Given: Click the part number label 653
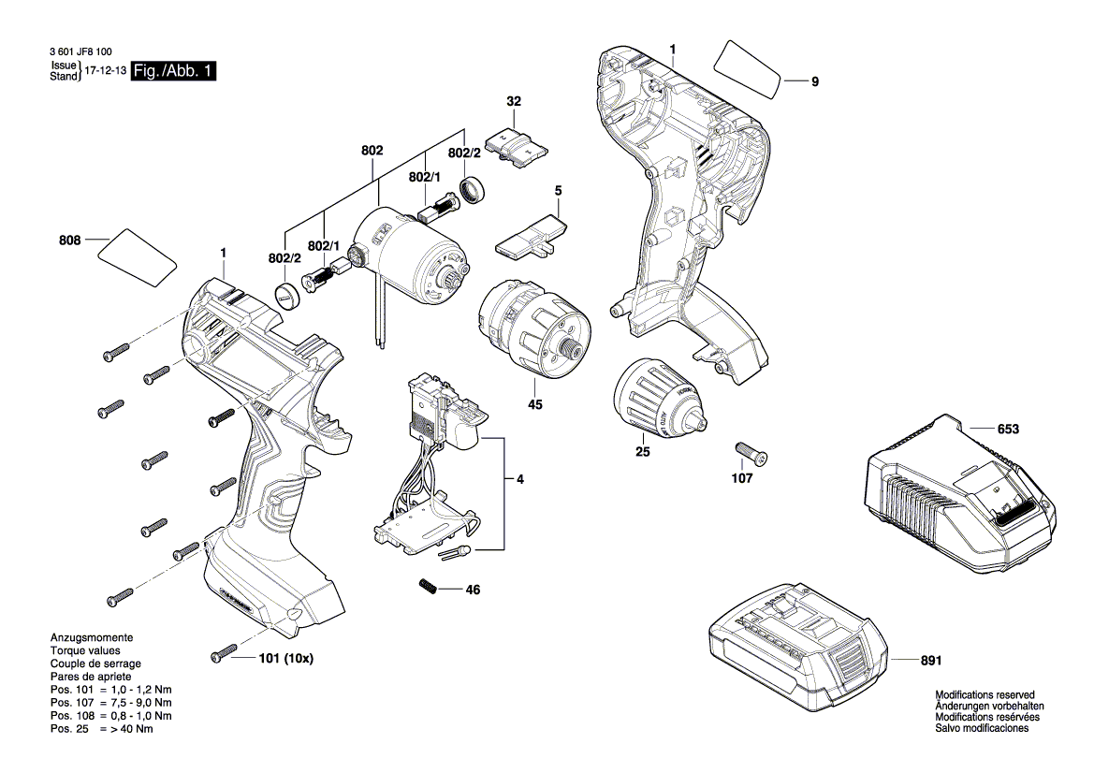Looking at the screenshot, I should (1007, 430).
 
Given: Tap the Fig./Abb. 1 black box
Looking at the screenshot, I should (173, 71).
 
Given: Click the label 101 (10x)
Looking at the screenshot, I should (285, 658).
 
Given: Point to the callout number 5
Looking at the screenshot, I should (558, 191).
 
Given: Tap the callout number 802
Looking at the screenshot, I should (372, 150).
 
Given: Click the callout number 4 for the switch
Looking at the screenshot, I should (519, 480).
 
